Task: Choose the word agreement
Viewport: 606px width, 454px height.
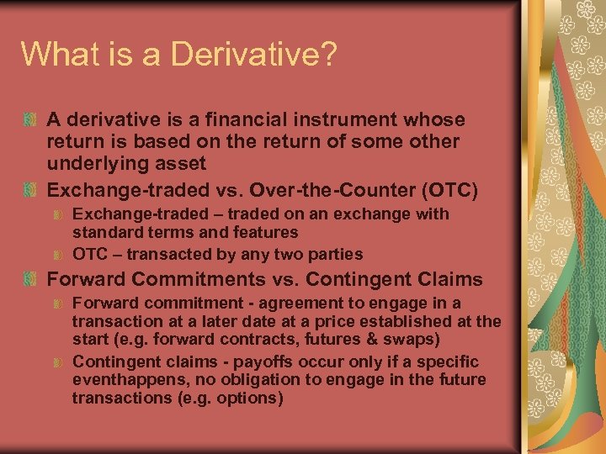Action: [295, 303]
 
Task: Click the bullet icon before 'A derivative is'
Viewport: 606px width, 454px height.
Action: [31, 120]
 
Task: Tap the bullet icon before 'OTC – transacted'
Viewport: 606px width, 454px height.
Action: [58, 254]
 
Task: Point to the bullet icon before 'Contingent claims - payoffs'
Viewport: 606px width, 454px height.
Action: [58, 362]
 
